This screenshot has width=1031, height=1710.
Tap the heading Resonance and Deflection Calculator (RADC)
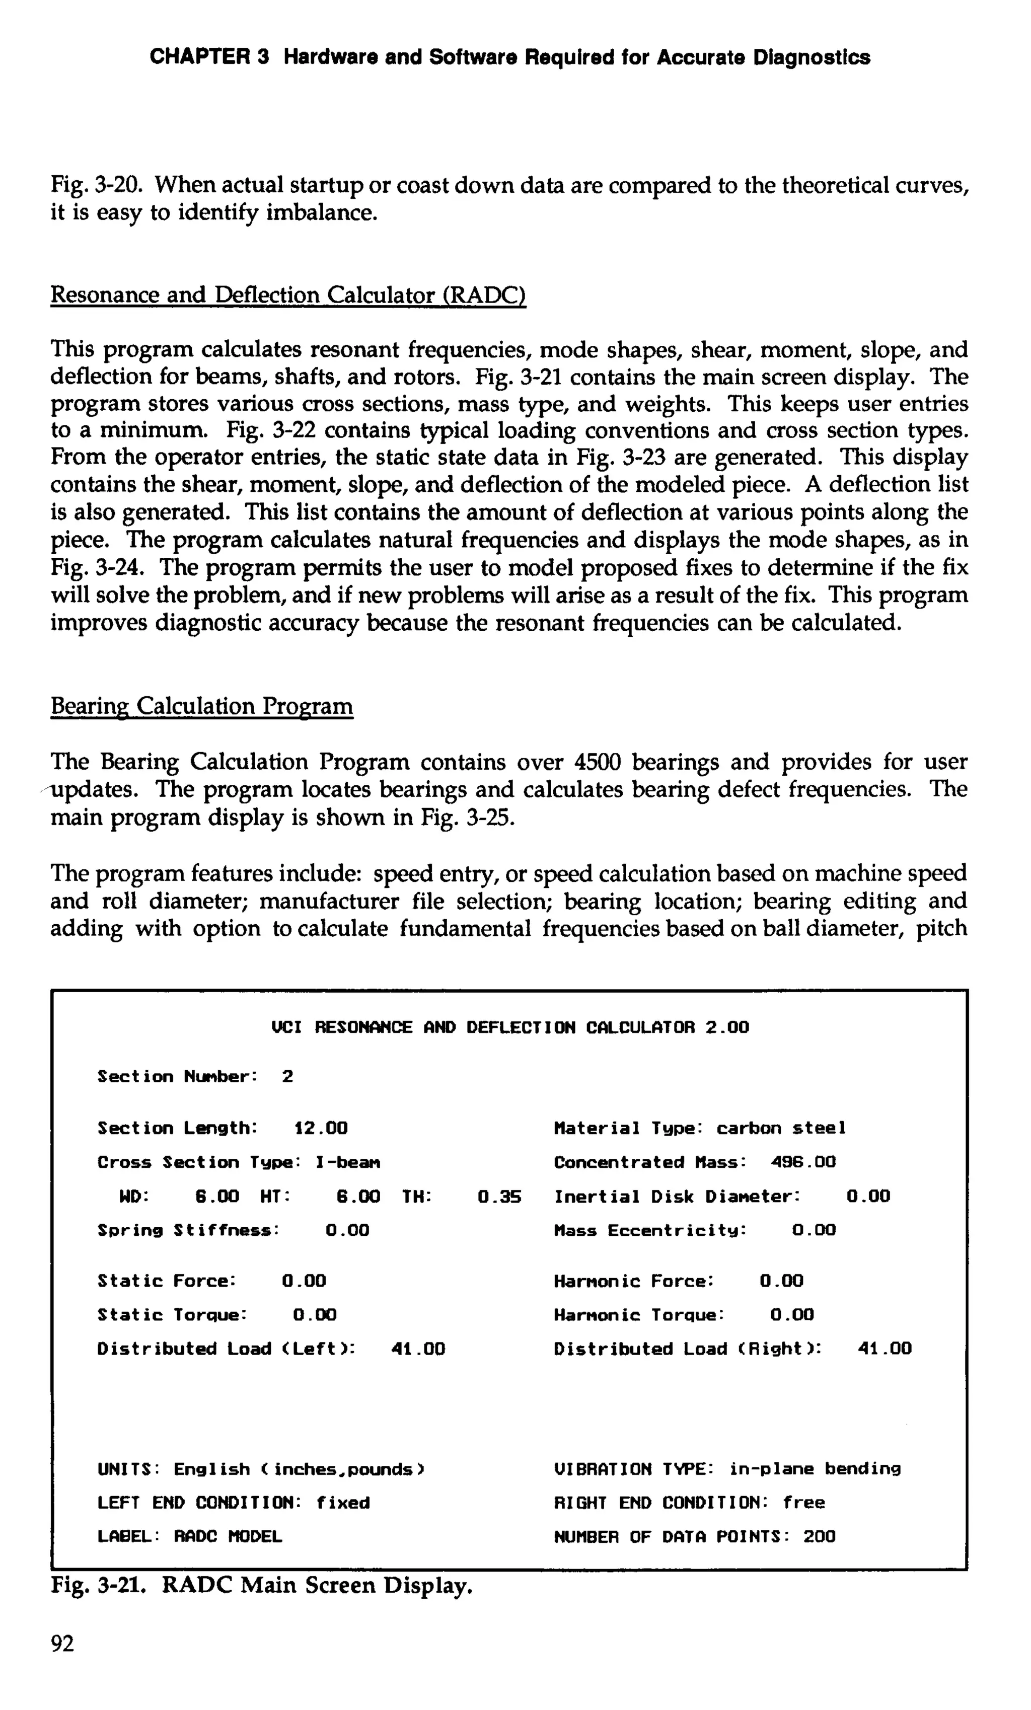[288, 295]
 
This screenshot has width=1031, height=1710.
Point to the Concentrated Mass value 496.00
[803, 1162]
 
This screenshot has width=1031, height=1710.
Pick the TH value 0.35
[499, 1197]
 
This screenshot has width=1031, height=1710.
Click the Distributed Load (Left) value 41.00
[418, 1349]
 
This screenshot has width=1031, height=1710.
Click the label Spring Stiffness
[187, 1230]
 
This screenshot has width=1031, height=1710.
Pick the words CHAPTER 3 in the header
[209, 57]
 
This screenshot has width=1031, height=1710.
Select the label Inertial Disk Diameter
[677, 1197]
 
